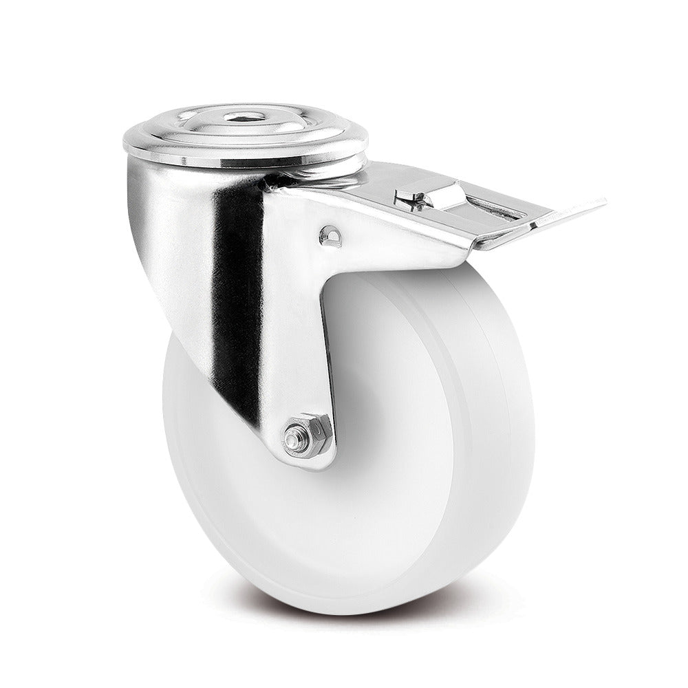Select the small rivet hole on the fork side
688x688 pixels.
(328, 236)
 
